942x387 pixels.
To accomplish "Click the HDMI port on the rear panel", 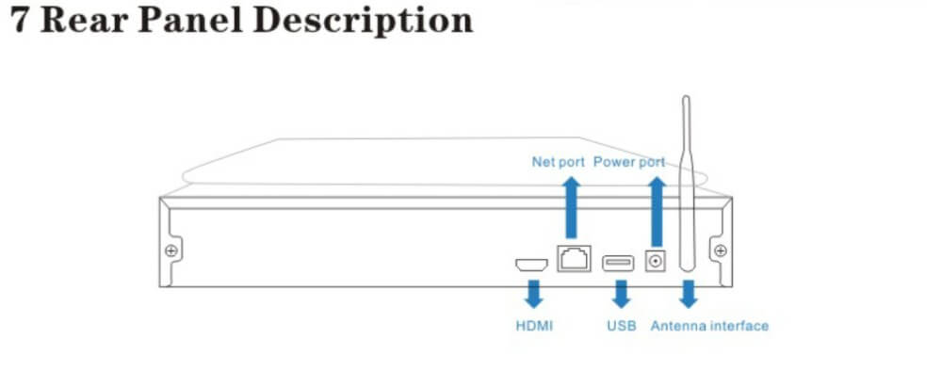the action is pos(531,265).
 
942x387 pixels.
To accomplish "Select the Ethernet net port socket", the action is pos(574,258).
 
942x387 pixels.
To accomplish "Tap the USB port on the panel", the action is pos(618,263).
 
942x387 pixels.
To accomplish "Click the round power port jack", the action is pos(656,261).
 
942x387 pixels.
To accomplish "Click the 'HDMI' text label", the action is pos(534,327).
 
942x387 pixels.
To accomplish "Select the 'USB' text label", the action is pos(621,327).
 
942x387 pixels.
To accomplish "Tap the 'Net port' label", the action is pos(558,162).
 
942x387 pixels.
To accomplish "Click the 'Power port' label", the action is pos(629,162).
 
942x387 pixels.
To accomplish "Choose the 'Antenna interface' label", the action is pos(709,327).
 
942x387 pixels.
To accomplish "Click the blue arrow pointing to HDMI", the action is pos(533,294).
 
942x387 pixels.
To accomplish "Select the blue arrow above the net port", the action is pos(572,207).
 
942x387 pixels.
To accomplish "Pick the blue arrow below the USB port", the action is pos(622,294).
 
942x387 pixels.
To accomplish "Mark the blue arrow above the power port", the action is pos(658,207).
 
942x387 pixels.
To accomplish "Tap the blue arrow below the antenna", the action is pos(688,294).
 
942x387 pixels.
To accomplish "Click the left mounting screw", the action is pos(171,250).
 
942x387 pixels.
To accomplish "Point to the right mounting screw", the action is pos(721,250).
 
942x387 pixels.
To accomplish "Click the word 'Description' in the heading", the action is pos(364,23).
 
